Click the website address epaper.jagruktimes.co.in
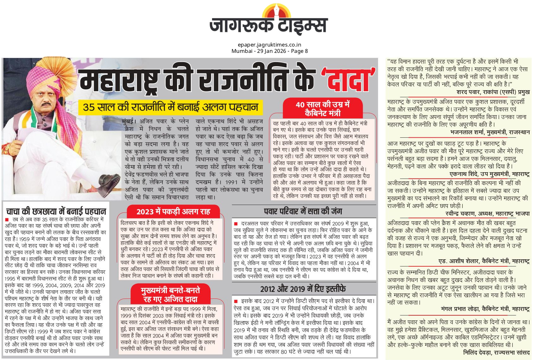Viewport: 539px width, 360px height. [x=269, y=45]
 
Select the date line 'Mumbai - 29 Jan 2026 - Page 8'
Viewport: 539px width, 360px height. [x=269, y=51]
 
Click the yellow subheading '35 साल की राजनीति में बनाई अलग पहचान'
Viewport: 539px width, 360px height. [x=170, y=107]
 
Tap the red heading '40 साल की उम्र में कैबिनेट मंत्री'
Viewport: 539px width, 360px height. [x=322, y=109]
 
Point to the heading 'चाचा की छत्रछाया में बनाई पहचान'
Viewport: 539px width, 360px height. [x=56, y=211]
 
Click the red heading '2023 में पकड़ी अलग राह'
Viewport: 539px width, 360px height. [x=173, y=212]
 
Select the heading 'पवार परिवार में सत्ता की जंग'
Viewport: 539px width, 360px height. [x=303, y=211]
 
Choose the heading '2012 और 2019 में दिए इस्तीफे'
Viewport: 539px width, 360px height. [x=303, y=289]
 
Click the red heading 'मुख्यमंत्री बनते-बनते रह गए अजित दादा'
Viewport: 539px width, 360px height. [x=170, y=294]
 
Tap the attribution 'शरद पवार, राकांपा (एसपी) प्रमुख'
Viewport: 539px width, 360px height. [x=493, y=92]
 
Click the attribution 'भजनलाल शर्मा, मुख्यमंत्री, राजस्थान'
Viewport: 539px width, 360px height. [x=490, y=132]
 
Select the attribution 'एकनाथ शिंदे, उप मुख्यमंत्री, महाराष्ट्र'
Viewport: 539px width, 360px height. [x=489, y=174]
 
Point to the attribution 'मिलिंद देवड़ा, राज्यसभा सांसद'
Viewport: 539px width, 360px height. [x=496, y=352]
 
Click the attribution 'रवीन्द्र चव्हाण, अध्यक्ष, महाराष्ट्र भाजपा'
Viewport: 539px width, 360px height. [x=487, y=214]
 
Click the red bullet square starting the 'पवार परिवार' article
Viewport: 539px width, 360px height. [x=236, y=224]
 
